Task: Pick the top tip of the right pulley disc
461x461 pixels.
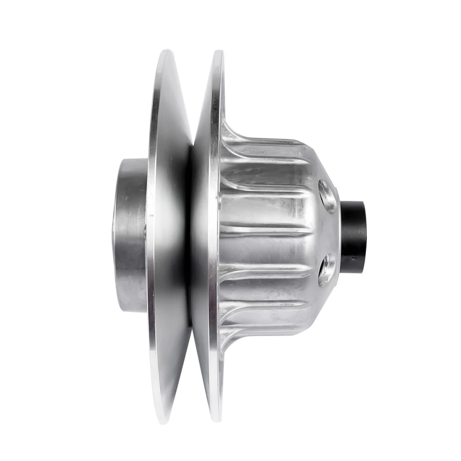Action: click(218, 51)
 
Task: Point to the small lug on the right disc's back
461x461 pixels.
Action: click(219, 202)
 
